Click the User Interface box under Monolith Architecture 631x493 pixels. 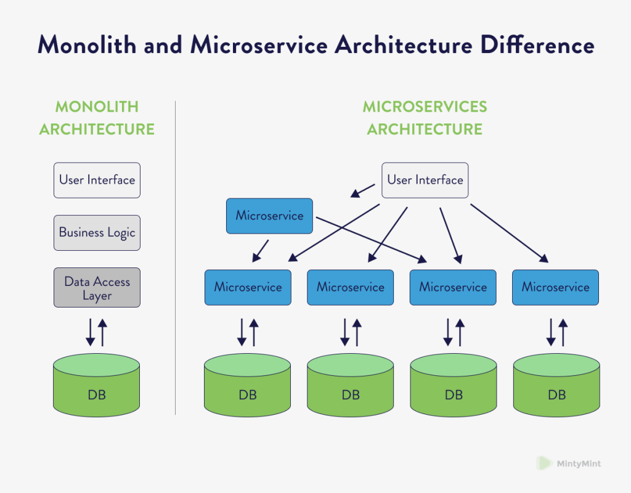(x=97, y=180)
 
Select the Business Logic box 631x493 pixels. (x=97, y=233)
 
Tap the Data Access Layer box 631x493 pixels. (x=97, y=288)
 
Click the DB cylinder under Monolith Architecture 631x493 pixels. (x=97, y=385)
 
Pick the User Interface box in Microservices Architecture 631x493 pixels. (x=425, y=180)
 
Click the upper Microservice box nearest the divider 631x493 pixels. (x=269, y=216)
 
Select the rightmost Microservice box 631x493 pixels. (x=555, y=287)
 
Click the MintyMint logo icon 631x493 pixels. (x=543, y=463)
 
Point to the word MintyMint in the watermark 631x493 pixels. (x=579, y=463)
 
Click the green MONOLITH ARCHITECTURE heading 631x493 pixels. (x=97, y=118)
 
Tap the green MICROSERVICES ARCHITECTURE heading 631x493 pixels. (x=425, y=118)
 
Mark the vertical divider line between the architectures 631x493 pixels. (x=176, y=259)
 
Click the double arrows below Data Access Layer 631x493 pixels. (x=97, y=332)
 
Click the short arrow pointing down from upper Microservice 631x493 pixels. (x=261, y=250)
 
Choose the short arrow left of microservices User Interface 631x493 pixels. (x=363, y=190)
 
